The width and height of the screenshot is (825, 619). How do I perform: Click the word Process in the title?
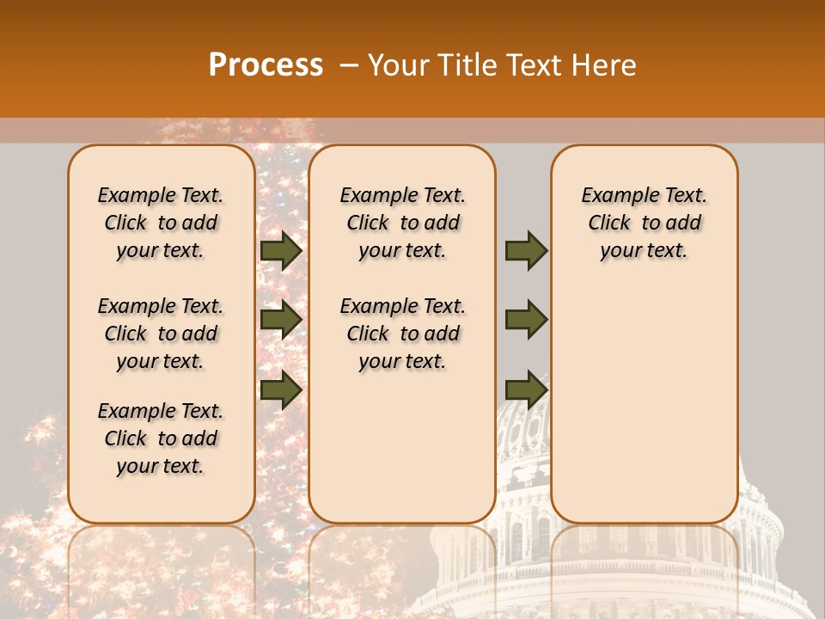pos(266,65)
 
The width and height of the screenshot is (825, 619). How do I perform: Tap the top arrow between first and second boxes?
pos(281,251)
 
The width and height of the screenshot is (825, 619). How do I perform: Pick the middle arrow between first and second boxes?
pos(281,320)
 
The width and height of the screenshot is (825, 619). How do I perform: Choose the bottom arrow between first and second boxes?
pos(281,389)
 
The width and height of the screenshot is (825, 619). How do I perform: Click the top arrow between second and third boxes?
pos(526,251)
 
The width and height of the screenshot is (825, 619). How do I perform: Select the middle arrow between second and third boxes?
pos(526,320)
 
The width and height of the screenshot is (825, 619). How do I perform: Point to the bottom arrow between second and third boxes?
pos(526,389)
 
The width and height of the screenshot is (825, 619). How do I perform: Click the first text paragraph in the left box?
pos(161,223)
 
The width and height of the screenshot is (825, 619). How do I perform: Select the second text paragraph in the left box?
pos(161,334)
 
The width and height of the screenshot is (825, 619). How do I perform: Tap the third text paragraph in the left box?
pos(161,438)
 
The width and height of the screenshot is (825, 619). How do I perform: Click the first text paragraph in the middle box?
pos(402,223)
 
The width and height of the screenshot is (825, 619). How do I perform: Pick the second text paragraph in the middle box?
pos(402,334)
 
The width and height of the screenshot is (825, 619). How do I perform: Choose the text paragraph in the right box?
pos(644,223)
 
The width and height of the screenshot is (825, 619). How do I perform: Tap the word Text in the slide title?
pos(534,65)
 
